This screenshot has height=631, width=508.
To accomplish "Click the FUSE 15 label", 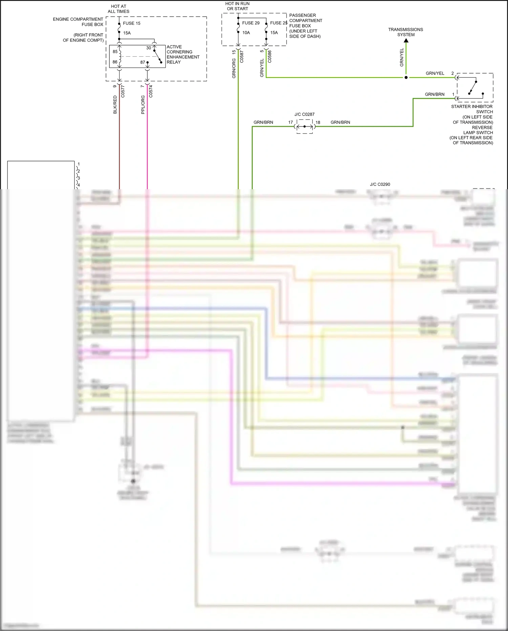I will (131, 23).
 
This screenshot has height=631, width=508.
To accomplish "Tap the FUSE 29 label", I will (251, 23).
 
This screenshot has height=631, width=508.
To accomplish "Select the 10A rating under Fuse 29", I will (246, 33).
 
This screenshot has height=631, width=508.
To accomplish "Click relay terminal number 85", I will (115, 52).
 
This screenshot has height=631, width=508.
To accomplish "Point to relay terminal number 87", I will (143, 62).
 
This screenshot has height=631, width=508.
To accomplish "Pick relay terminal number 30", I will (148, 48).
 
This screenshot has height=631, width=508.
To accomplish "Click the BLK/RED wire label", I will (115, 104).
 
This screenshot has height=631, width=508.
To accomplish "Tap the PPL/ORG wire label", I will (143, 104).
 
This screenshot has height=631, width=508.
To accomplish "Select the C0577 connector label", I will (123, 92).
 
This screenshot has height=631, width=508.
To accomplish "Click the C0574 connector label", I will (151, 92).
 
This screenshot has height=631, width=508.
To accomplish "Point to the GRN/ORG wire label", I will (234, 68).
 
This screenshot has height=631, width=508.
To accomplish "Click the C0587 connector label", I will (242, 57).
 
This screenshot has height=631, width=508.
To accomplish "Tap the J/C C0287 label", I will (304, 115).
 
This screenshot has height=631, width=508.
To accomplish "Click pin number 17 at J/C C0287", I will (291, 122).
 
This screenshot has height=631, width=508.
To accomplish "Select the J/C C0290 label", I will (380, 184).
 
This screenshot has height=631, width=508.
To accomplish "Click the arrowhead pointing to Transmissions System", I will (406, 40).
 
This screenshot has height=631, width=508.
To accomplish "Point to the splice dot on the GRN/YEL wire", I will (406, 78).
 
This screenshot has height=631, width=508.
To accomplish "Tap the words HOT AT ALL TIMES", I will (119, 9).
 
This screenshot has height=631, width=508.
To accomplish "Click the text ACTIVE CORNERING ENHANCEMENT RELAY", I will (183, 55).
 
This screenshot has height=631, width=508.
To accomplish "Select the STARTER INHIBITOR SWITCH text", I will (472, 109).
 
